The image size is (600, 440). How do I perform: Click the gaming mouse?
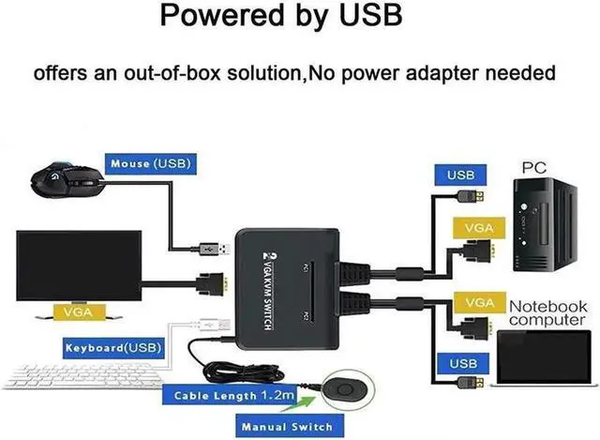pyautogui.click(x=67, y=179)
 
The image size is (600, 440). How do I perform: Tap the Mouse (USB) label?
pyautogui.click(x=151, y=164)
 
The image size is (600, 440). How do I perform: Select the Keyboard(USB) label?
pyautogui.click(x=113, y=348)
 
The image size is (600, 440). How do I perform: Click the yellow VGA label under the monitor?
pyautogui.click(x=79, y=312)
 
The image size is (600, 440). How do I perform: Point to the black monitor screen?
pyautogui.click(x=79, y=266)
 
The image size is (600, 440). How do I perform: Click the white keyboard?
pyautogui.click(x=82, y=375)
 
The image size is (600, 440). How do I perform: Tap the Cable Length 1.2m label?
pyautogui.click(x=231, y=395)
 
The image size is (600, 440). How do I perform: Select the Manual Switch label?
pyautogui.click(x=290, y=427)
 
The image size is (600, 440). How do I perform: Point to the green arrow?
pyautogui.click(x=299, y=404)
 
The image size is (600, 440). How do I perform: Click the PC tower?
pyautogui.click(x=545, y=224)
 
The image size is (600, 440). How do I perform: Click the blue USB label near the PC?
pyautogui.click(x=460, y=175)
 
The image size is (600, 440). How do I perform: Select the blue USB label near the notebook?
pyautogui.click(x=463, y=363)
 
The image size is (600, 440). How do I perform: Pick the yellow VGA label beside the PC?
pyautogui.click(x=479, y=228)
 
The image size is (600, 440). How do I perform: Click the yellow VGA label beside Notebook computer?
pyautogui.click(x=479, y=303)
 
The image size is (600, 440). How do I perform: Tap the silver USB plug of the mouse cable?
pyautogui.click(x=215, y=249)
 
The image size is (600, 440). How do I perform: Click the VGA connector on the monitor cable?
pyautogui.click(x=211, y=284)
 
